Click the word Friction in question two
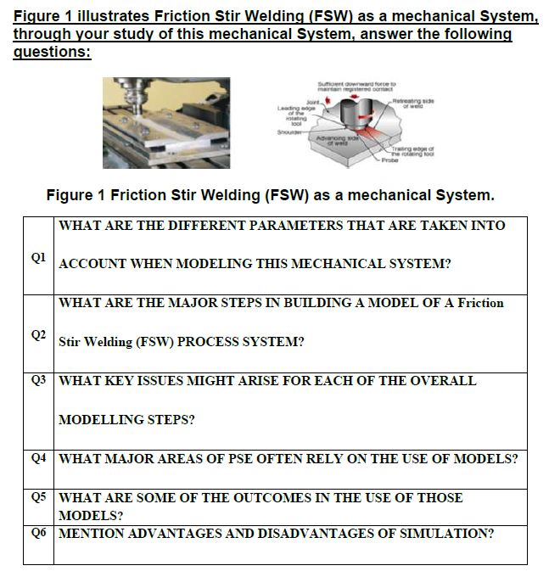480,302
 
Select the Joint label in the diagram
300,103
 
